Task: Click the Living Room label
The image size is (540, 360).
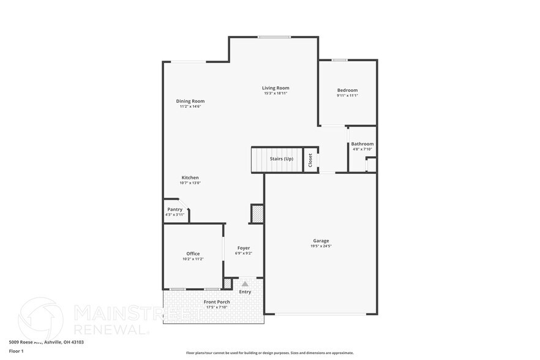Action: pos(276,88)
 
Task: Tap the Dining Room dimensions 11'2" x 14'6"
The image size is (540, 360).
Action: pos(190,107)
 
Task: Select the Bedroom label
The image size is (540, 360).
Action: pos(347,91)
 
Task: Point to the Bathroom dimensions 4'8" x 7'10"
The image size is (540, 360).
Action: pos(362,149)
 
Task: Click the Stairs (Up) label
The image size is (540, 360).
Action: pos(282,159)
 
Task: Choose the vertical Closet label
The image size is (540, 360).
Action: pos(310,160)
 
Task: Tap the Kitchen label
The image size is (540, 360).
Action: pos(190,178)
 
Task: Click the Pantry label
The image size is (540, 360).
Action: pos(174,209)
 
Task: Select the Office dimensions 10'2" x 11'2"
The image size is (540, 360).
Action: pos(193,259)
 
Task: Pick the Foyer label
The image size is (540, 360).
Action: pos(244,248)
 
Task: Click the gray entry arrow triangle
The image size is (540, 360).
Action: pos(245,284)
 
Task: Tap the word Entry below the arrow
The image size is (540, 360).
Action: pos(245,292)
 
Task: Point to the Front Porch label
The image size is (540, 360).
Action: pos(217,302)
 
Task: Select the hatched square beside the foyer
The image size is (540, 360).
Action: pos(257,214)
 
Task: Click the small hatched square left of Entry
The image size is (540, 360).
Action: pos(228,284)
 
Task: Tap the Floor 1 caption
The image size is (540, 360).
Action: pos(16,351)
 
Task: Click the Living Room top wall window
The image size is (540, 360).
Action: pos(274,37)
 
